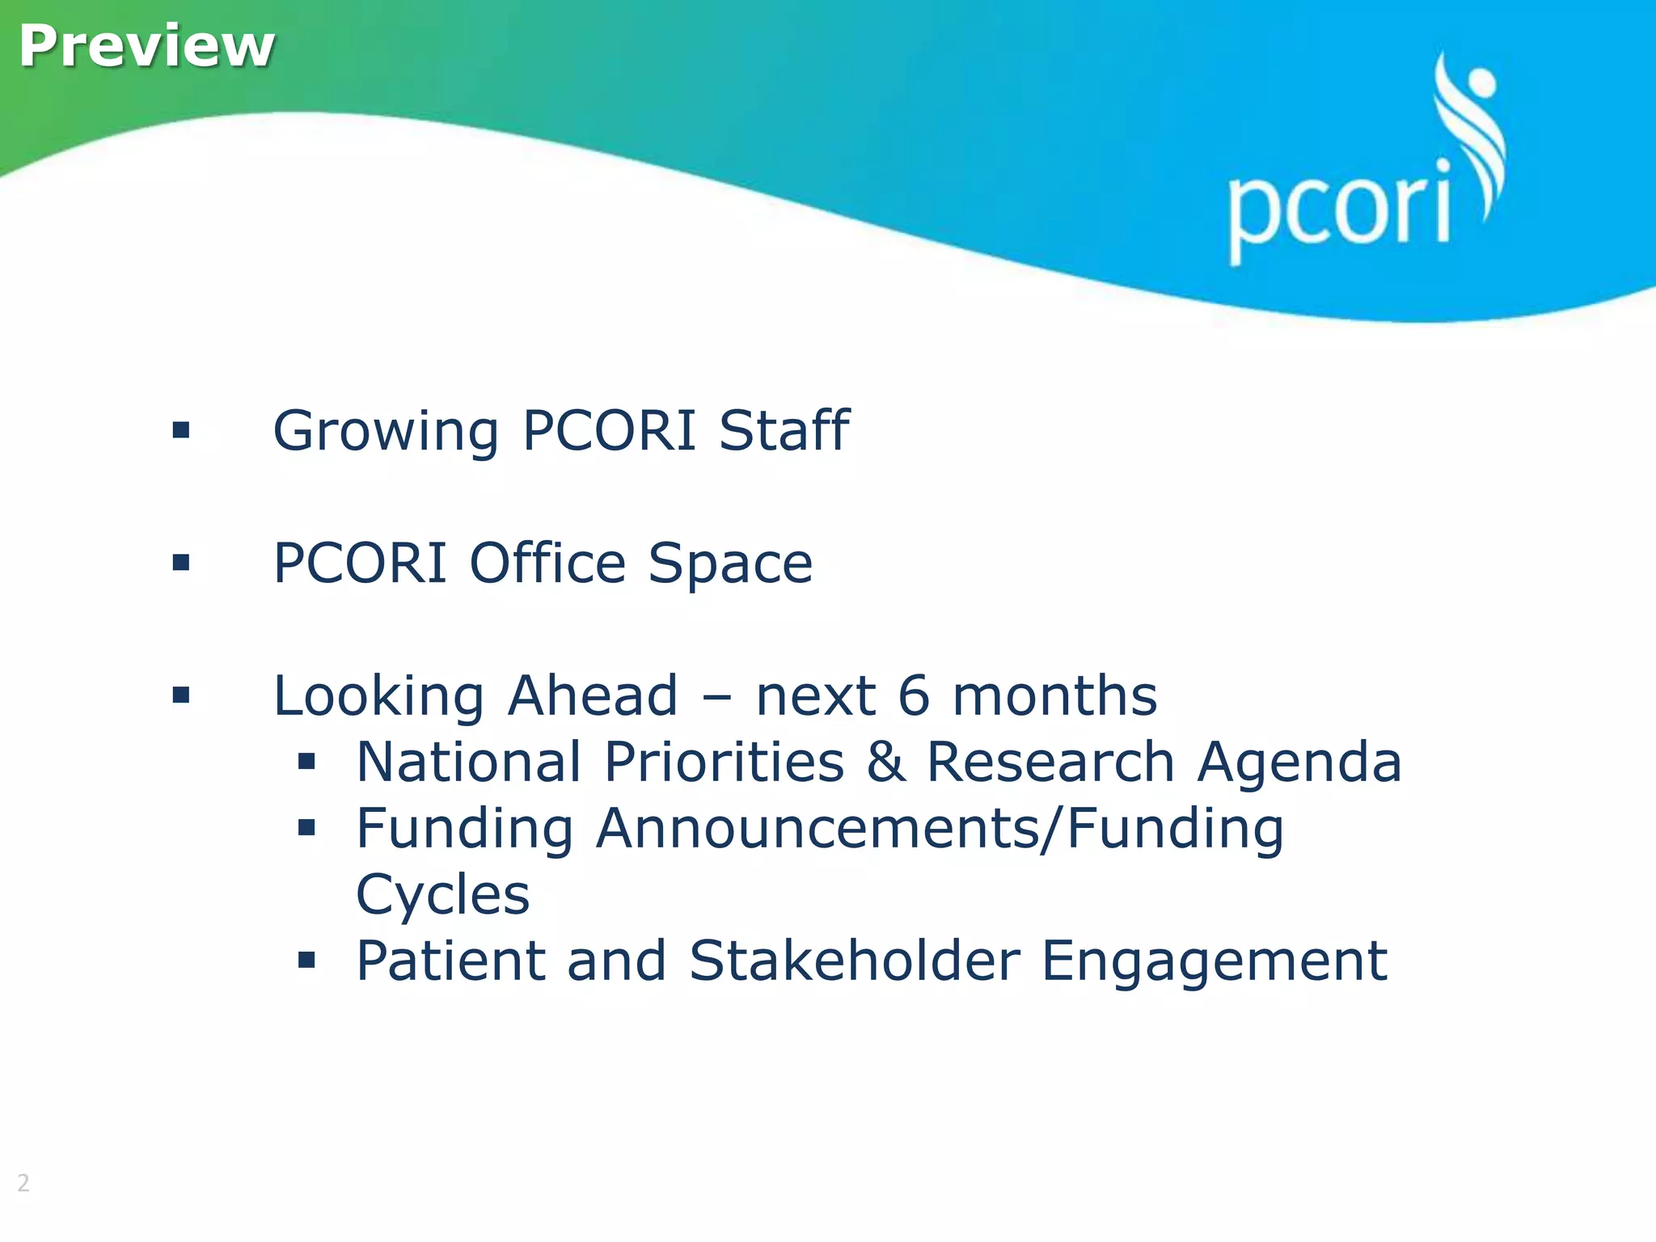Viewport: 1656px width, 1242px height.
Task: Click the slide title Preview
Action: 146,46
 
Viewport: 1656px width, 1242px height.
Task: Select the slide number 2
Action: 23,1183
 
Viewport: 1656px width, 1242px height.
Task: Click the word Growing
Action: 386,431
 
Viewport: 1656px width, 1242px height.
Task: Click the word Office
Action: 547,563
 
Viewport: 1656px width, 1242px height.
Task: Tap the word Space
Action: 730,564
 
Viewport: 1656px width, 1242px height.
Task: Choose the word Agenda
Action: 1299,763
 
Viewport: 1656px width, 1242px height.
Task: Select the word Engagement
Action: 1214,962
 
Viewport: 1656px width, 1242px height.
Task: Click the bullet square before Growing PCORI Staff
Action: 181,430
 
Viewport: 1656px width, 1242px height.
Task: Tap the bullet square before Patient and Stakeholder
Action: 306,961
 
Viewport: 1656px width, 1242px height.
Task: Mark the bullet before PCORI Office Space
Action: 181,563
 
